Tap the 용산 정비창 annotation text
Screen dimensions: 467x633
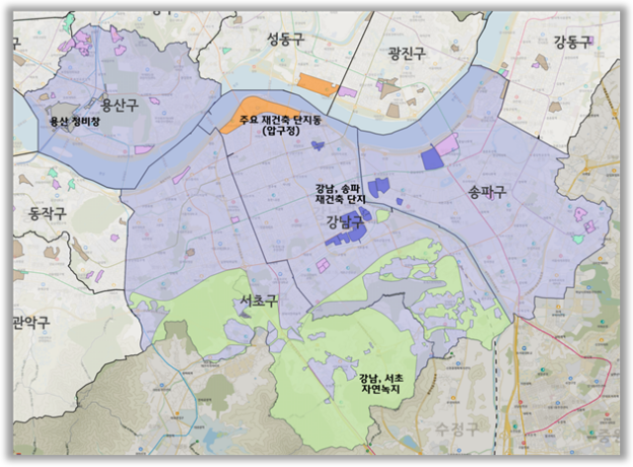click(x=75, y=123)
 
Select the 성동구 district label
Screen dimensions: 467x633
click(x=288, y=39)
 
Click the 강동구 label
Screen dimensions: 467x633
click(x=571, y=43)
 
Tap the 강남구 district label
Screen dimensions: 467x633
click(x=343, y=223)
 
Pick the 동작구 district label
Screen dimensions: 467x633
click(x=47, y=213)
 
